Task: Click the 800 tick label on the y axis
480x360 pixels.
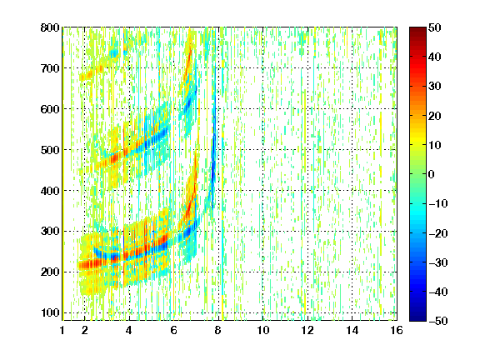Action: point(50,27)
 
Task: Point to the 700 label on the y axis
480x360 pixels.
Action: point(50,68)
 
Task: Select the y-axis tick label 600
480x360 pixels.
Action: point(50,109)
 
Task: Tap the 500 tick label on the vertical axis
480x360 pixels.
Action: point(50,150)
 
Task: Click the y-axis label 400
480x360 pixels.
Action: point(50,191)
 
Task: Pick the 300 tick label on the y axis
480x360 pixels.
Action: point(50,231)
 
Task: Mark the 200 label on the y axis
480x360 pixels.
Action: point(50,272)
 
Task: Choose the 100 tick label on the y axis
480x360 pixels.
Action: point(50,312)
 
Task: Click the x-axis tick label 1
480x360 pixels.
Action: point(62,330)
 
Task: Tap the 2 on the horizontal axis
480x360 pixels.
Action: point(85,330)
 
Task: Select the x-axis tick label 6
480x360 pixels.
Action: point(174,330)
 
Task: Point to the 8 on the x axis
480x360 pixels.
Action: point(218,330)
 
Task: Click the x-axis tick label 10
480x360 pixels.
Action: point(263,330)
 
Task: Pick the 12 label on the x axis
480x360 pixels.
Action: point(307,330)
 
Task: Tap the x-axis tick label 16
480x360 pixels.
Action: point(397,330)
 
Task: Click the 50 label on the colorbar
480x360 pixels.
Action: point(434,27)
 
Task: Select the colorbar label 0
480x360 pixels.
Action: point(432,174)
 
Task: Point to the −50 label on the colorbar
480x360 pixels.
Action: point(438,321)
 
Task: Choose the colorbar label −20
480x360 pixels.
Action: point(438,233)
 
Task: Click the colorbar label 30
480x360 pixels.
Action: point(434,87)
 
